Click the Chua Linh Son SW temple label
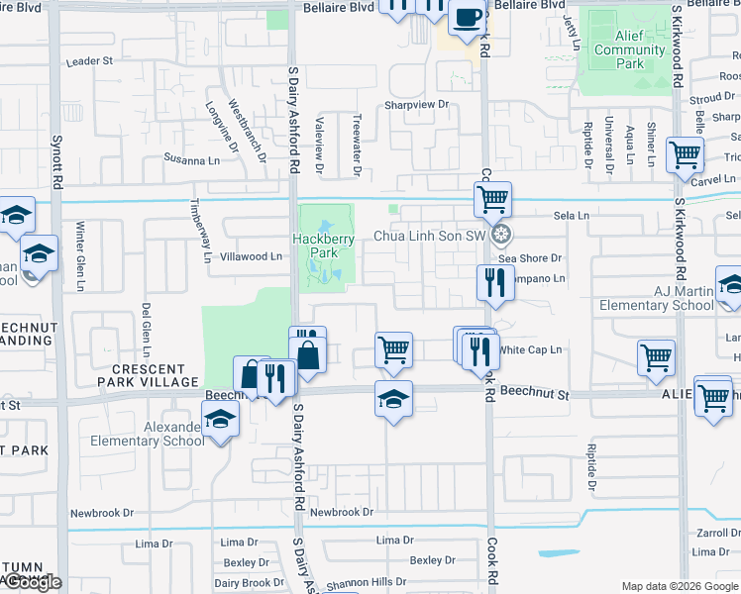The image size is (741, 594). coord(432,236)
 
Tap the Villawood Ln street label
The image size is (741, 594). coord(250,256)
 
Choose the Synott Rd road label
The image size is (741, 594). coord(56,163)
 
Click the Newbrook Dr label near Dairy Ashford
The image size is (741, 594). coord(341,512)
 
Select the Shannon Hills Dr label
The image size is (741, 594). coord(367,582)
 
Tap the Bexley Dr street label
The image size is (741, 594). coord(432,560)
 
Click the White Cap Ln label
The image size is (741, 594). coord(531,349)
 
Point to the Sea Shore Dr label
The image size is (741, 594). coord(529,258)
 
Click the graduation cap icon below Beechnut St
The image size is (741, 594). coord(393,399)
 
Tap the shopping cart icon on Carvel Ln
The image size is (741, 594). coord(685,155)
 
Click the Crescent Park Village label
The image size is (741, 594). coord(148,382)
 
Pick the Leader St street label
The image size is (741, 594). coord(89,61)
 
